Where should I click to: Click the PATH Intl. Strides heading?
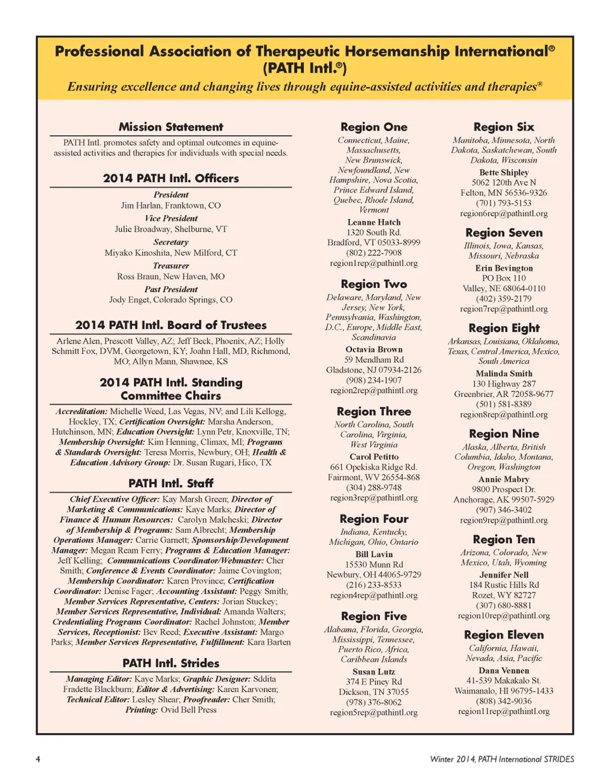tap(171, 663)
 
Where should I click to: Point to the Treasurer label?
tap(171, 265)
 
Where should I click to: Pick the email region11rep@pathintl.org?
tap(504, 711)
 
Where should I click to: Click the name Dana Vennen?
tap(504, 671)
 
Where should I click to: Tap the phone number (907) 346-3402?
tap(504, 509)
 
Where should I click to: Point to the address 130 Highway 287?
tap(504, 384)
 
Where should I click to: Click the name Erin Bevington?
tap(504, 268)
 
